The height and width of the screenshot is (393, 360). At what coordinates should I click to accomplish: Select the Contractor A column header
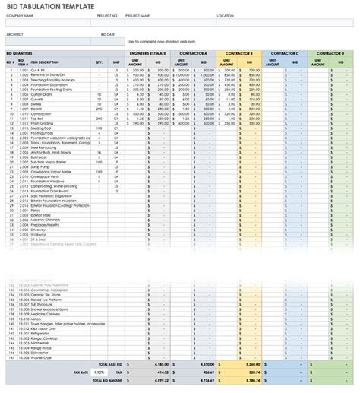click(194, 54)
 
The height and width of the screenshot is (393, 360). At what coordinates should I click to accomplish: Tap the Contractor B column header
click(240, 54)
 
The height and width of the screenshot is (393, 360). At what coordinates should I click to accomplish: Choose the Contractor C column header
click(286, 54)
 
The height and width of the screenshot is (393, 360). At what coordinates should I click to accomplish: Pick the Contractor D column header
click(331, 54)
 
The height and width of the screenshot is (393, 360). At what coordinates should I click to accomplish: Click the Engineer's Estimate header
click(147, 54)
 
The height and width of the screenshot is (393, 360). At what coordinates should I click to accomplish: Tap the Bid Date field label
click(109, 33)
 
